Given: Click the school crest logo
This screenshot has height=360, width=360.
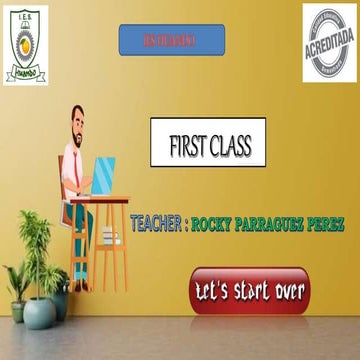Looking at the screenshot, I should [x=25, y=44].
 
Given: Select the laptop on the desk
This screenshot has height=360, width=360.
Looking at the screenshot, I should [x=102, y=177].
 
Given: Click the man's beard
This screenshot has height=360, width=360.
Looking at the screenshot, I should [x=80, y=137].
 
